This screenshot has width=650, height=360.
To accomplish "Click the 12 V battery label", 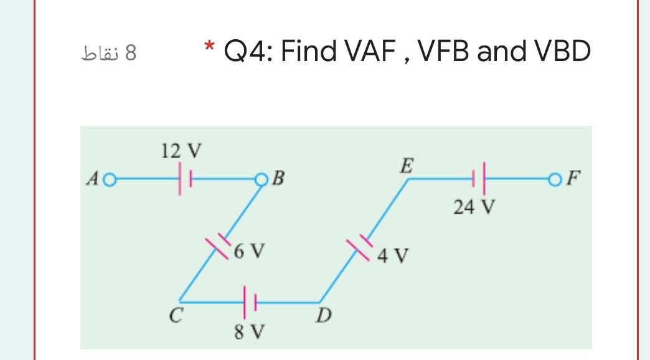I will pyautogui.click(x=181, y=151).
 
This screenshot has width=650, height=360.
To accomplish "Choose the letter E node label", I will pyautogui.click(x=406, y=165).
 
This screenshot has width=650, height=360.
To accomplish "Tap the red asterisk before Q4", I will pyautogui.click(x=210, y=47).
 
